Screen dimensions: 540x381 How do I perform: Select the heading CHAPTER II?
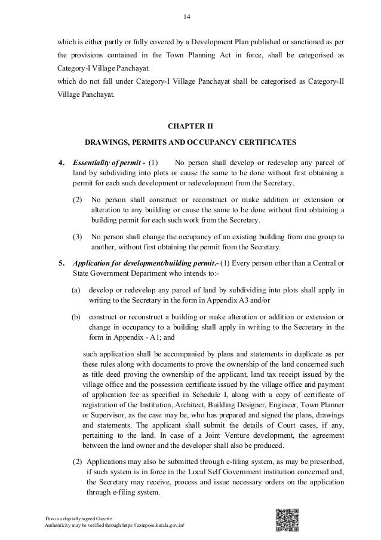tap(190, 126)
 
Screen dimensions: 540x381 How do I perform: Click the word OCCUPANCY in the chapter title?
tap(220, 143)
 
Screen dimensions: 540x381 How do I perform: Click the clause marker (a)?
tap(75, 291)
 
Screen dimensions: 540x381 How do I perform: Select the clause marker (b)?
tap(75, 315)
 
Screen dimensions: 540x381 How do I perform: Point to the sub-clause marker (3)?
tap(78, 236)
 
